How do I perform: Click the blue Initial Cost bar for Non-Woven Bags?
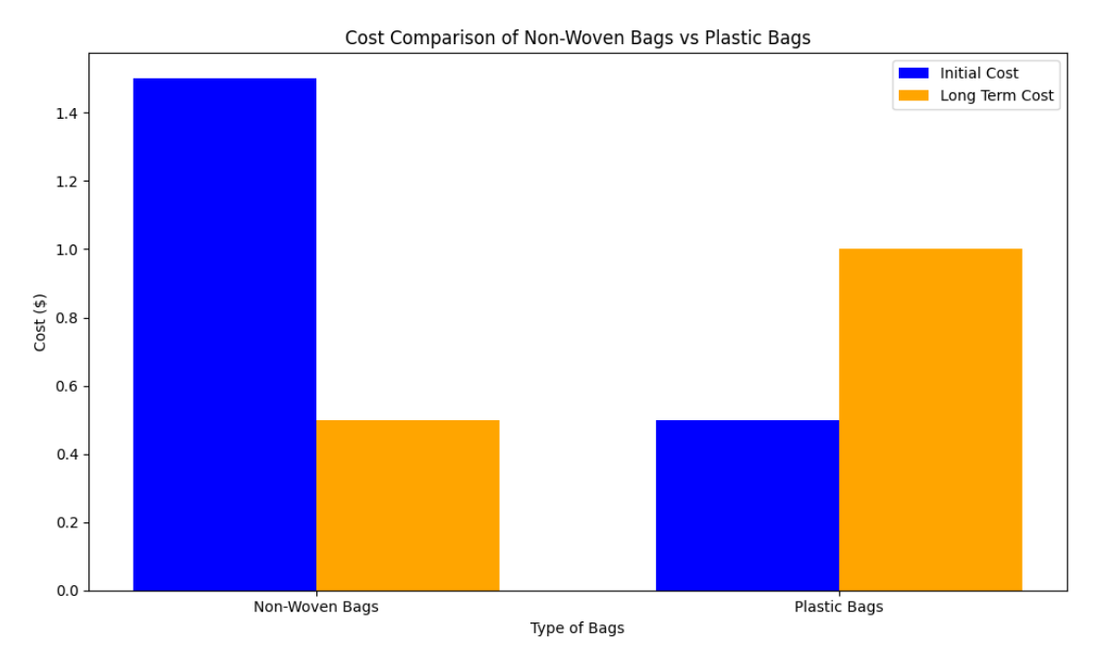pyautogui.click(x=225, y=334)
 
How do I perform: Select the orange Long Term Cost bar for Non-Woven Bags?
pyautogui.click(x=408, y=506)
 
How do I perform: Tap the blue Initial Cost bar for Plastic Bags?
pyautogui.click(x=748, y=506)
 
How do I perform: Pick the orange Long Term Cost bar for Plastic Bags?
pyautogui.click(x=930, y=420)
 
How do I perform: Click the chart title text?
pyautogui.click(x=578, y=38)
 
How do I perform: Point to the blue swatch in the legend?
pyautogui.click(x=914, y=73)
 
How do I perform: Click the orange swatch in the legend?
pyautogui.click(x=914, y=95)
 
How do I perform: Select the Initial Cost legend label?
pyautogui.click(x=979, y=73)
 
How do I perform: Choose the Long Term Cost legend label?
pyautogui.click(x=997, y=95)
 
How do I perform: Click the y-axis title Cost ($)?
pyautogui.click(x=40, y=322)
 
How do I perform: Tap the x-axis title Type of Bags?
pyautogui.click(x=578, y=628)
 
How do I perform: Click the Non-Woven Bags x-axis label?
pyautogui.click(x=316, y=607)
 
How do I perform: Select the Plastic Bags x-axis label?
pyautogui.click(x=839, y=607)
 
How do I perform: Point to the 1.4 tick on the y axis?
pyautogui.click(x=67, y=113)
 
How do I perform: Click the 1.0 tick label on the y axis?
pyautogui.click(x=67, y=249)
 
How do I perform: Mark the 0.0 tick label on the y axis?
pyautogui.click(x=67, y=591)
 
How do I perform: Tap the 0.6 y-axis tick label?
pyautogui.click(x=67, y=387)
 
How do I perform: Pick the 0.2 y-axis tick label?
pyautogui.click(x=67, y=523)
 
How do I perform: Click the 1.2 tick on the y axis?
pyautogui.click(x=67, y=182)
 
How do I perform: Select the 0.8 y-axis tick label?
pyautogui.click(x=67, y=318)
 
